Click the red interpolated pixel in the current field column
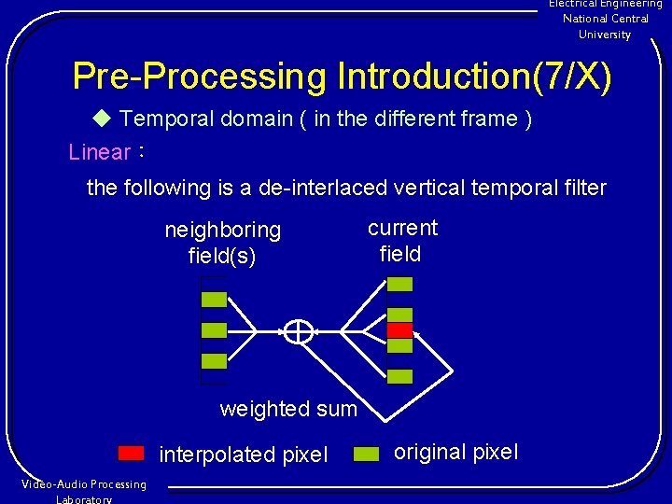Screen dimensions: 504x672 [399, 330]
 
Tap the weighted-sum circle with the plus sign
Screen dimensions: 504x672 [298, 330]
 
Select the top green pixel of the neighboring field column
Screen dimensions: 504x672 [214, 300]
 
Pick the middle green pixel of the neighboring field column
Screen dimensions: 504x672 [214, 330]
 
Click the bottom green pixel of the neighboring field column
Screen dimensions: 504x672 [214, 361]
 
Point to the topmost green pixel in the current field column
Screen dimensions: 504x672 [399, 283]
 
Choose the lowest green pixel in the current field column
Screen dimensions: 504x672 [399, 377]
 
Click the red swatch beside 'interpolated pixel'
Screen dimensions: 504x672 [132, 454]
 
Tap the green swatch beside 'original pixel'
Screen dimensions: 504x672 [367, 454]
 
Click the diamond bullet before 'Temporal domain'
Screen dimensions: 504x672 [102, 119]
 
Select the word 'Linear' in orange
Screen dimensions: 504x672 [100, 152]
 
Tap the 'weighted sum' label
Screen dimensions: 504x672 [288, 409]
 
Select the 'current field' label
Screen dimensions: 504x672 [401, 241]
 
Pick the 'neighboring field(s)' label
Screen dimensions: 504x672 [222, 242]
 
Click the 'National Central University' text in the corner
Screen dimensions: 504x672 [605, 26]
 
